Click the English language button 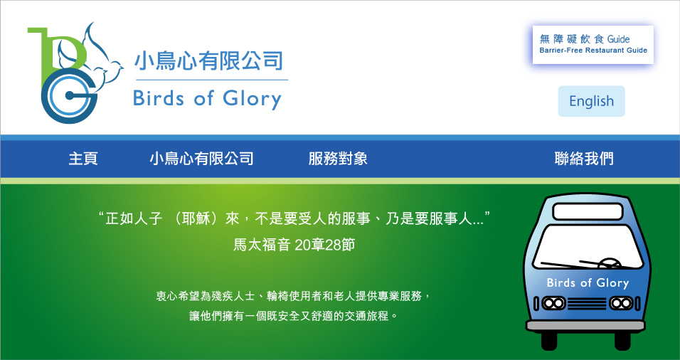[x=591, y=101]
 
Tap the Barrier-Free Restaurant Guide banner [x=593, y=45]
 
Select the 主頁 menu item [x=83, y=159]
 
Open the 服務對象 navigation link [x=338, y=159]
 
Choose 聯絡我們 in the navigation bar [x=584, y=159]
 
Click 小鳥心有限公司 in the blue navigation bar [x=202, y=159]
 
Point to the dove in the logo [x=93, y=56]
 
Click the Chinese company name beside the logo [x=208, y=61]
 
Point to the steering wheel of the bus [x=610, y=263]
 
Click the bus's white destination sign [x=588, y=212]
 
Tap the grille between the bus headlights [x=588, y=303]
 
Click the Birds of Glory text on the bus [x=588, y=283]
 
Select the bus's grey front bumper [x=586, y=326]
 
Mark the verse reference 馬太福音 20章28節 [x=294, y=245]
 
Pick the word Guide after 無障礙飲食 [x=618, y=39]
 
